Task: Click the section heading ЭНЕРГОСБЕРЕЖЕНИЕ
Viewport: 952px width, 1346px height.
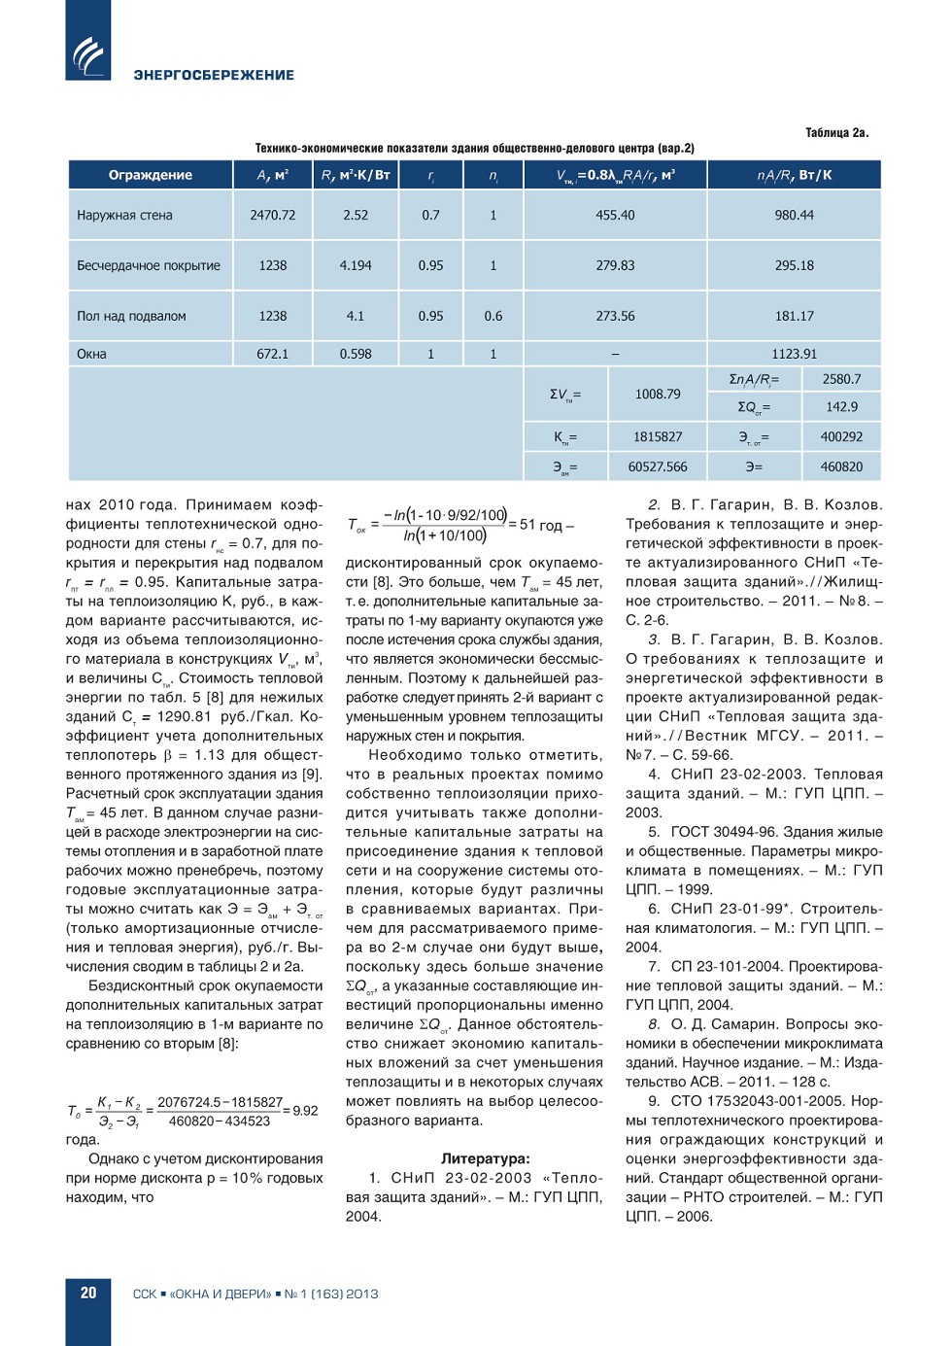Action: [214, 75]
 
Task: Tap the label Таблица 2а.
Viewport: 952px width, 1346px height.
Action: [836, 132]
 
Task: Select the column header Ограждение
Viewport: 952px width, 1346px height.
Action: [150, 175]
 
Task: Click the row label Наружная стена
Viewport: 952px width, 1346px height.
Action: [124, 215]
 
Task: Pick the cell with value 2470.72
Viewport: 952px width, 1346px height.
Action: [272, 215]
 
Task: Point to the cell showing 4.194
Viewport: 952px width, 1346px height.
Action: [356, 265]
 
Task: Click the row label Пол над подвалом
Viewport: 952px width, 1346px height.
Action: [131, 316]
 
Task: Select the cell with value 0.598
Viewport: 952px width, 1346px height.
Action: [356, 354]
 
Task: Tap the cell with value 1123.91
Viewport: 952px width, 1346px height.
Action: [794, 354]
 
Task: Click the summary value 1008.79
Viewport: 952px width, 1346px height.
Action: [658, 394]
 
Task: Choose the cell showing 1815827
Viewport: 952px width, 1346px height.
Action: [658, 437]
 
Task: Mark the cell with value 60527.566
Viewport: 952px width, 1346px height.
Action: [658, 466]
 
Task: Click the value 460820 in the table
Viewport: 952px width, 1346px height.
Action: [841, 466]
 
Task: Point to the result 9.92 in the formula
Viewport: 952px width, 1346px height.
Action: [305, 1111]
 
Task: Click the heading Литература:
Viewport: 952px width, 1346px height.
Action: [486, 1158]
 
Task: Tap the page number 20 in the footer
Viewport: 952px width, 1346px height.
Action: [88, 1293]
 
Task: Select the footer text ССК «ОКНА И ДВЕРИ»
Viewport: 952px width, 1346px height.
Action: [202, 1294]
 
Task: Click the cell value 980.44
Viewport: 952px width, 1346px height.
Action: [794, 215]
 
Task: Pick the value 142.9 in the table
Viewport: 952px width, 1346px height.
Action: [841, 407]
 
